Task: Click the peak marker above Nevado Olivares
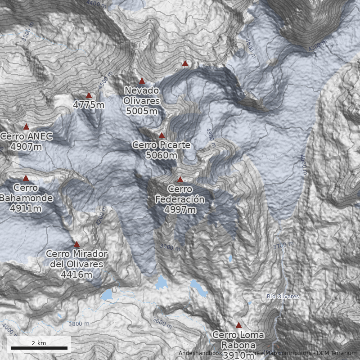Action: point(142,81)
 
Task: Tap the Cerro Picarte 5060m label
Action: point(162,150)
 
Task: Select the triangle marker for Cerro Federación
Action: point(180,180)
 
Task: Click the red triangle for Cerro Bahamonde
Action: point(26,178)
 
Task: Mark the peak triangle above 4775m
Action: point(89,95)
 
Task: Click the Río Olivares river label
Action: point(283,297)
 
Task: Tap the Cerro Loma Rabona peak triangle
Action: point(239,325)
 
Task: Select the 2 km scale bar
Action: point(39,348)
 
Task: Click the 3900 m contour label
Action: point(170,247)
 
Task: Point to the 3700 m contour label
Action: point(283,246)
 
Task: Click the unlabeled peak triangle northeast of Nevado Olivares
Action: point(185,64)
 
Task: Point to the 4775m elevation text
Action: point(89,105)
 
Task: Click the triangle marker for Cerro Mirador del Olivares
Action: point(76,244)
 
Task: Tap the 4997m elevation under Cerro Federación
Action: point(180,210)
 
